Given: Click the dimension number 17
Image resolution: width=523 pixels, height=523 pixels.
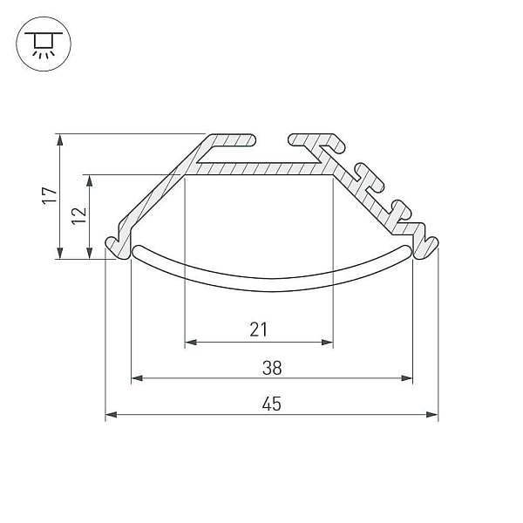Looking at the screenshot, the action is pos(50,195).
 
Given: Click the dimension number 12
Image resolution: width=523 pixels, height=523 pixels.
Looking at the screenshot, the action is pos(79,216).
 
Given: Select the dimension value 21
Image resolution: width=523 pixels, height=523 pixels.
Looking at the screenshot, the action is pos(259,329).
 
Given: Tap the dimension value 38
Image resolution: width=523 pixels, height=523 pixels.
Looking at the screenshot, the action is pos(272,368).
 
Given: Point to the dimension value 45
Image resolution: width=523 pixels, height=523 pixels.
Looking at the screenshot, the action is pos(272,404).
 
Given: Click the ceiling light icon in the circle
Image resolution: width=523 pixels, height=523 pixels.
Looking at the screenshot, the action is pos(44,44).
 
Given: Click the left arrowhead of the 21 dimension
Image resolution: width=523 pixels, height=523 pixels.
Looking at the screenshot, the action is pos(191,343).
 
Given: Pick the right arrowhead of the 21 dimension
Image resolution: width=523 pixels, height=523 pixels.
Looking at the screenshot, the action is pos(327,343).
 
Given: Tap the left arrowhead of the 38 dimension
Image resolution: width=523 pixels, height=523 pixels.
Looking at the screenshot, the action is pos(137,378).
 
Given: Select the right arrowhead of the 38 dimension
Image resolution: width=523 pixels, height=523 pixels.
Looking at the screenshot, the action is pos(406,378).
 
